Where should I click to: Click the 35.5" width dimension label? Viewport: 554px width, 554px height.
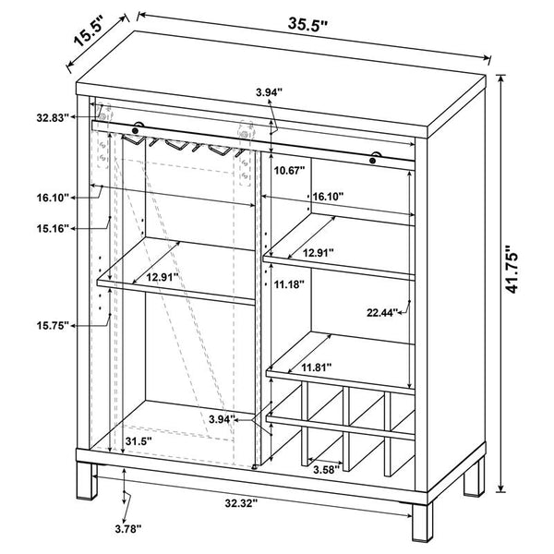point(307,24)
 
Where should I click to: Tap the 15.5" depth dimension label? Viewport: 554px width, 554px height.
point(89,31)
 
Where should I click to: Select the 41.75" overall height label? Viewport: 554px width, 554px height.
point(512,269)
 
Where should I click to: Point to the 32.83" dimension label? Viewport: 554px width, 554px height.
point(53,117)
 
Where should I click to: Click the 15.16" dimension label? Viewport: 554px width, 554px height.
point(53,229)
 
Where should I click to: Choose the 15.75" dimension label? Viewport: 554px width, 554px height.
point(53,325)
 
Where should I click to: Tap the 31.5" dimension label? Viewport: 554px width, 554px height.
point(138,441)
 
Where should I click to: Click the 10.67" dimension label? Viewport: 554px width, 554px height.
point(290,171)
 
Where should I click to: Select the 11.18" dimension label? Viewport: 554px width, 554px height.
point(289,284)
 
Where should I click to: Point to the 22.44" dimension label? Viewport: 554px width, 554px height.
point(382,312)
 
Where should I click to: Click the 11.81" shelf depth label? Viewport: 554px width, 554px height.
point(316,367)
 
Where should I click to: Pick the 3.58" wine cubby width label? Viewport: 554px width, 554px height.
point(327,470)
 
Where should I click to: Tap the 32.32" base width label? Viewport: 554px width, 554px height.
point(241,503)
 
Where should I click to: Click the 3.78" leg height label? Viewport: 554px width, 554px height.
point(128,529)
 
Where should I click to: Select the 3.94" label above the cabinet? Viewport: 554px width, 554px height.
point(270,92)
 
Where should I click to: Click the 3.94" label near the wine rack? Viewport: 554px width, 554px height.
point(222,419)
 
